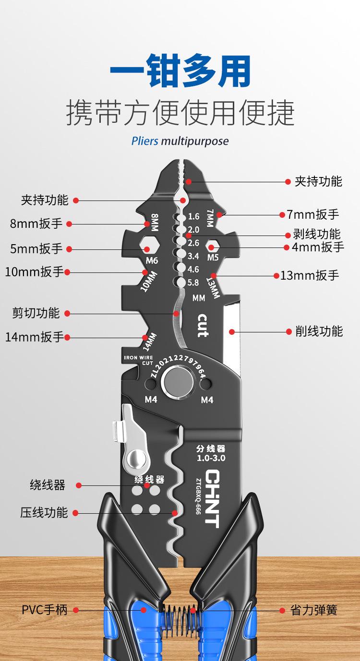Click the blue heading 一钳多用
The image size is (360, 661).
(x=180, y=72)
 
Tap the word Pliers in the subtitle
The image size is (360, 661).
(x=145, y=142)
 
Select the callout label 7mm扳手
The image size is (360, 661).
(x=313, y=214)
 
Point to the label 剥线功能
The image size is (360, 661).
(x=317, y=234)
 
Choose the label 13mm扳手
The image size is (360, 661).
(x=310, y=275)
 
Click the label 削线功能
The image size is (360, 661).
(x=319, y=331)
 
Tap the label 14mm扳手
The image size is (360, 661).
(x=34, y=337)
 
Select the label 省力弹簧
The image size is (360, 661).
(x=314, y=610)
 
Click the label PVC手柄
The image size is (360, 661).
(x=45, y=610)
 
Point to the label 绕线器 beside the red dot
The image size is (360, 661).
(x=48, y=485)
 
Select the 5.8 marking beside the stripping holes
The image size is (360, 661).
(x=193, y=283)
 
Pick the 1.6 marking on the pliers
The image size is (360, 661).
(x=193, y=216)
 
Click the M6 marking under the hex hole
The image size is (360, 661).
(x=152, y=261)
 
